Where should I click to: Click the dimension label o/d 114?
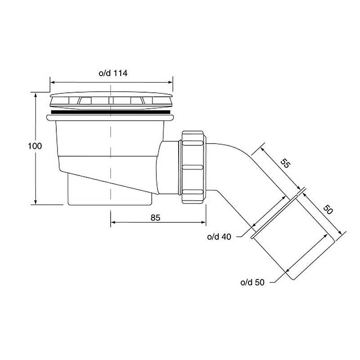click(x=113, y=73)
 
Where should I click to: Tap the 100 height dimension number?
click(x=35, y=146)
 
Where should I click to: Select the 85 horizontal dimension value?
click(x=155, y=218)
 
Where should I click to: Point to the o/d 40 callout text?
click(x=219, y=237)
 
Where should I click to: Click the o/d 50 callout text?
click(x=252, y=282)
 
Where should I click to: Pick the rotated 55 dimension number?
click(x=285, y=163)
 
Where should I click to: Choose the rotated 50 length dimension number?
click(x=328, y=209)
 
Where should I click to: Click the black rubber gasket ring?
click(x=111, y=112)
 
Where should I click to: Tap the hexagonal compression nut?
click(x=193, y=167)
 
